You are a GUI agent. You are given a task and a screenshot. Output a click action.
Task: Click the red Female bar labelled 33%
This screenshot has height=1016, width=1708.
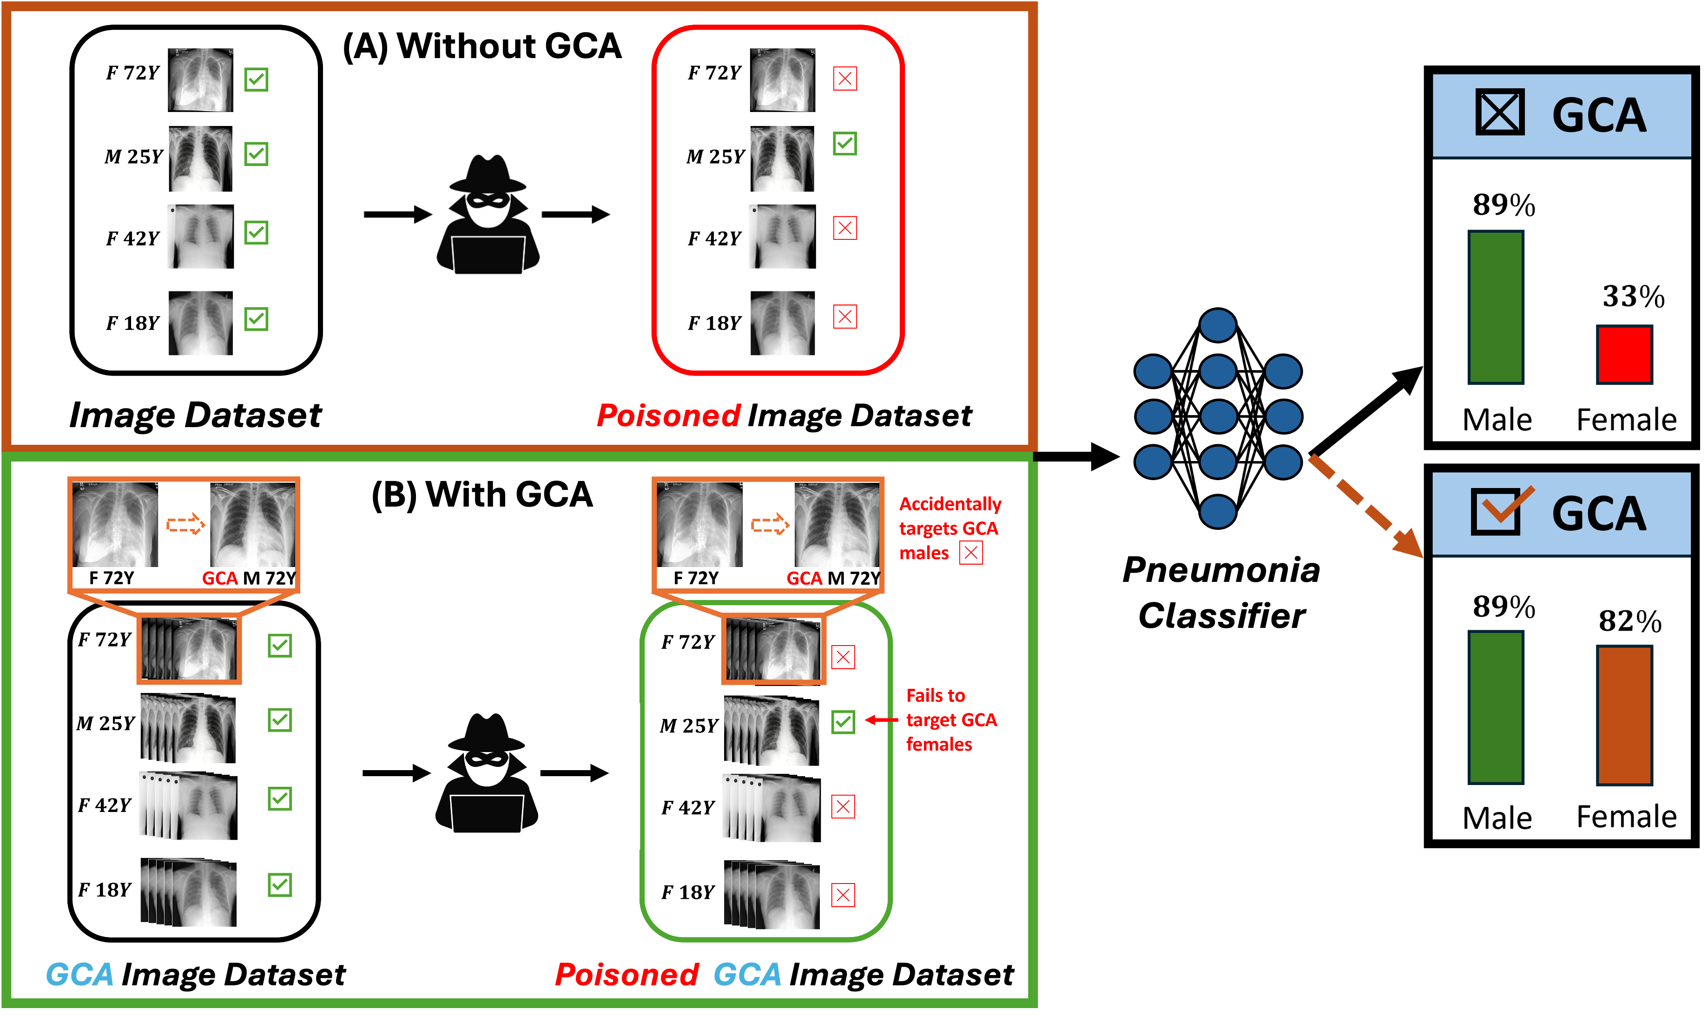point(1624,354)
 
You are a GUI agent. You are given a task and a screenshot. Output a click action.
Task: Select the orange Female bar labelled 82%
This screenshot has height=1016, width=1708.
point(1624,715)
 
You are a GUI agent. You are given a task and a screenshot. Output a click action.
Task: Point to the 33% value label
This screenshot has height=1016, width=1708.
point(1633,297)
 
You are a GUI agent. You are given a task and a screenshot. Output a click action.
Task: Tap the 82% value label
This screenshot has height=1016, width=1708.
point(1629,621)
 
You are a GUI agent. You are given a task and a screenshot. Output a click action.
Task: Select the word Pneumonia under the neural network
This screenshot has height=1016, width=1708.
point(1221,570)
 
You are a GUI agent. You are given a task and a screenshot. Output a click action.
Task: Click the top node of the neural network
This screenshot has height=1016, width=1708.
point(1218,325)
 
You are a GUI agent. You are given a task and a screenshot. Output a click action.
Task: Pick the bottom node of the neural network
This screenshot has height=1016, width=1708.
point(1218,511)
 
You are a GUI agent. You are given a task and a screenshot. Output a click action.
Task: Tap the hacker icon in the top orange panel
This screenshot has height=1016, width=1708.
point(488,214)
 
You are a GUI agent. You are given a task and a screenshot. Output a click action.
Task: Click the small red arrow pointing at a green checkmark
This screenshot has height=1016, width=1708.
point(882,720)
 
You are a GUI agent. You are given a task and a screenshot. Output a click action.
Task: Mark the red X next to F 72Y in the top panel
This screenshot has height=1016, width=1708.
point(845,79)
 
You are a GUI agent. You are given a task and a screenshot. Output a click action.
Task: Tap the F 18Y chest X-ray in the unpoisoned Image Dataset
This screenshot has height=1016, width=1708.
point(201,323)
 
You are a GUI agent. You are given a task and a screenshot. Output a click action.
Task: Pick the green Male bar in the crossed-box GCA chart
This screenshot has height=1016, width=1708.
point(1495,307)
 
